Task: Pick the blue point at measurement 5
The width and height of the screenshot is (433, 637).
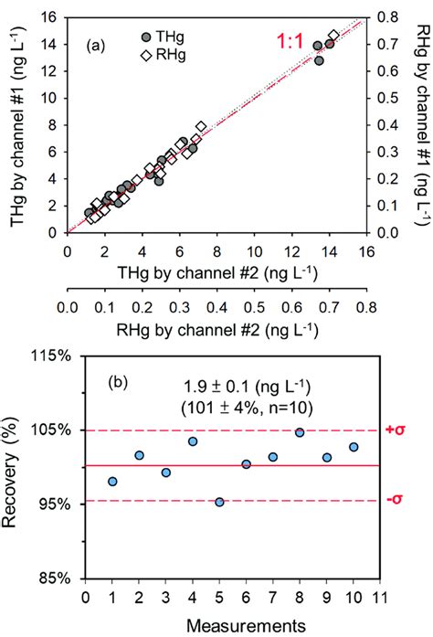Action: click(219, 502)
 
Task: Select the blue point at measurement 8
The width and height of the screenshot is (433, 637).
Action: click(300, 432)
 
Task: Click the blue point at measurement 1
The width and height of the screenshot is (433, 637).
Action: click(112, 482)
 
